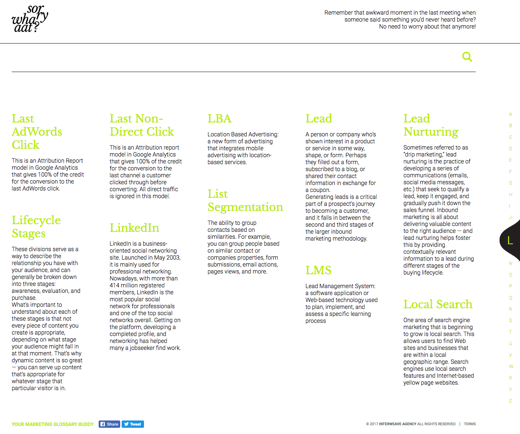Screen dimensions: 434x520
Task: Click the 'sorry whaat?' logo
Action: (30, 19)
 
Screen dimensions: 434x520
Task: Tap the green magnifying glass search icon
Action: (467, 57)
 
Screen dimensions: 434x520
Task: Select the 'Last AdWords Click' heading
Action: (37, 132)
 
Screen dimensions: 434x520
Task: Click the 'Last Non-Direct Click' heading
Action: (142, 125)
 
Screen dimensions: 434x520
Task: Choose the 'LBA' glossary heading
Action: (219, 118)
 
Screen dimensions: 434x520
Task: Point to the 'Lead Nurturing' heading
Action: (431, 125)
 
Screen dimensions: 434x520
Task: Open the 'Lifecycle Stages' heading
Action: (36, 227)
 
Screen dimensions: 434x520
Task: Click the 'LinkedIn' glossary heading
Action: (134, 228)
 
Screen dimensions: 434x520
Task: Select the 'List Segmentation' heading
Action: (245, 200)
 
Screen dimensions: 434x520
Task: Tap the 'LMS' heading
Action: (318, 270)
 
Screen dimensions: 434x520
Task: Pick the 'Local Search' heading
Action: (438, 304)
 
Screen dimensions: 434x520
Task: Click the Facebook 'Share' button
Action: (109, 424)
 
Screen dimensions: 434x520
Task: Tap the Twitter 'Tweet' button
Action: (133, 424)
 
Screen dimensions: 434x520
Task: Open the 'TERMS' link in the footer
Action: (470, 424)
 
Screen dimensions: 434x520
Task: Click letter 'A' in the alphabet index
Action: (510, 114)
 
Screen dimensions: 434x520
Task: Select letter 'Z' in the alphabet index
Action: (510, 401)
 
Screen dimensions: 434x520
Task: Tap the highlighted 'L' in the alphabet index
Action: (510, 240)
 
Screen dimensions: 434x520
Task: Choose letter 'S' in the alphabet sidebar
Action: (510, 321)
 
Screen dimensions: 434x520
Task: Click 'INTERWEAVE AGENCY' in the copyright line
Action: (398, 424)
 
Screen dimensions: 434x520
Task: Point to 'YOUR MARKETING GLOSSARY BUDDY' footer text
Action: (53, 424)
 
